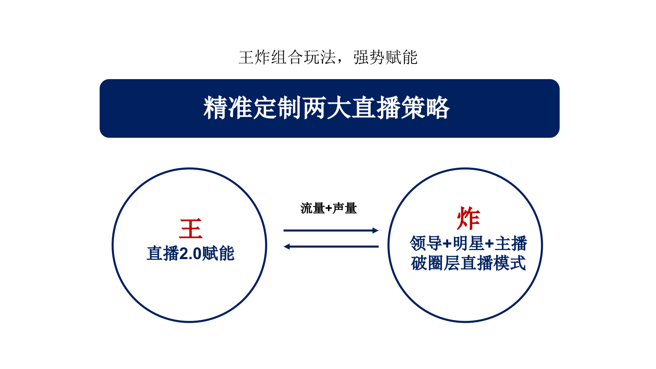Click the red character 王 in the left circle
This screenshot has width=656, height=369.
point(191,229)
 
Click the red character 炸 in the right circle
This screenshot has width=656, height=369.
point(468,218)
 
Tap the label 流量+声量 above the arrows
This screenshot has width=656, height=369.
point(328,208)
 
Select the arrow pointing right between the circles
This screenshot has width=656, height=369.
point(330,230)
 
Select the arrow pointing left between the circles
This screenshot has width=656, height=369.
point(330,246)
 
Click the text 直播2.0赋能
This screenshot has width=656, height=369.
point(191,253)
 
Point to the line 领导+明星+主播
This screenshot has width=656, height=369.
point(468,244)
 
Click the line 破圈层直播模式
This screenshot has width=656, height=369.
point(468,263)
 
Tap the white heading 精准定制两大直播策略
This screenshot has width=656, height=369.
point(327,108)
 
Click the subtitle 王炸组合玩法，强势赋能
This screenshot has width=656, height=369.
point(328,57)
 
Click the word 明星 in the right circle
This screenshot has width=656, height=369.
point(468,244)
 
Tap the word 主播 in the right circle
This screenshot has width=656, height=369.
point(511,244)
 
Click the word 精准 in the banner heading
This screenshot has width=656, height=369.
point(228,108)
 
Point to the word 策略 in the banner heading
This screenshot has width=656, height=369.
point(425,108)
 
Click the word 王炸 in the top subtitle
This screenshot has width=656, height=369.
point(254,57)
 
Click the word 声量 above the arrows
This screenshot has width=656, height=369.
point(344,208)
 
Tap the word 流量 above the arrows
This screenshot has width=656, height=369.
point(312,208)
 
